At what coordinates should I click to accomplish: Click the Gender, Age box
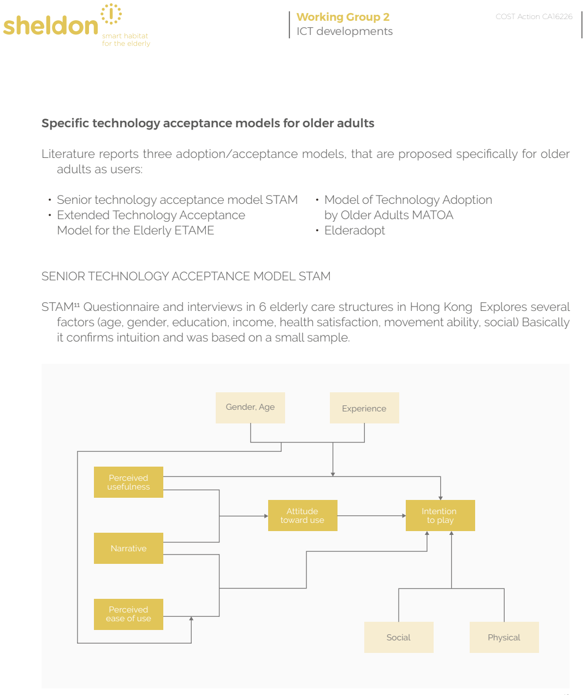[x=250, y=408]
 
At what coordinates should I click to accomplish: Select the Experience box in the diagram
[x=364, y=408]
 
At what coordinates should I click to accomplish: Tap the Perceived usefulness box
[x=128, y=482]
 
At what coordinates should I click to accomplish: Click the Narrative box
[x=128, y=548]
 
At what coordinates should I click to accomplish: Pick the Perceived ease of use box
[x=128, y=614]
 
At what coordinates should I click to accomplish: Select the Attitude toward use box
[x=303, y=515]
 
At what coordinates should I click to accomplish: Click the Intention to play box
[x=440, y=515]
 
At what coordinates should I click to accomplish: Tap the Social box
[x=399, y=637]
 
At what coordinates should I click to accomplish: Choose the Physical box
[x=504, y=637]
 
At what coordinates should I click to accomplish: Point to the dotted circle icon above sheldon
[x=111, y=14]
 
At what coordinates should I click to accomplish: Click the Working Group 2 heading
[x=343, y=16]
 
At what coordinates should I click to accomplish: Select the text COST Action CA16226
[x=534, y=16]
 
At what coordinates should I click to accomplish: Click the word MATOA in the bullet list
[x=432, y=215]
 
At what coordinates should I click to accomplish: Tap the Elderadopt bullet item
[x=354, y=231]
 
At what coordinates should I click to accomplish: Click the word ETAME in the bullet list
[x=194, y=231]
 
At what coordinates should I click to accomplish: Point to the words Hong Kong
[x=441, y=307]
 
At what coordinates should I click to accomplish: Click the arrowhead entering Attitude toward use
[x=266, y=516]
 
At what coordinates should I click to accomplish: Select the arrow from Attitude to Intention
[x=371, y=516]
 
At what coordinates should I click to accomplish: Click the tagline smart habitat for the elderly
[x=126, y=39]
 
